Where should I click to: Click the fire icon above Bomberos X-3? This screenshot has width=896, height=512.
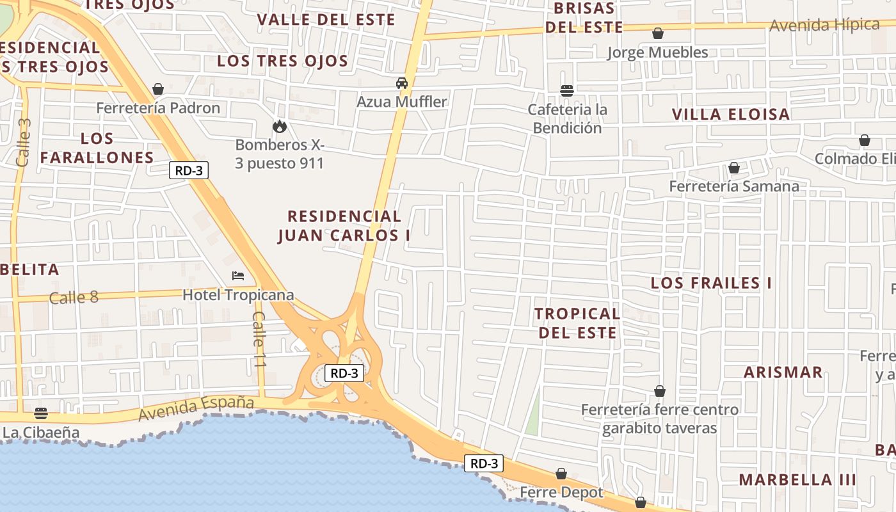pos(279,126)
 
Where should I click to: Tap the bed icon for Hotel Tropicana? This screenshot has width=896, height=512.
pos(238,276)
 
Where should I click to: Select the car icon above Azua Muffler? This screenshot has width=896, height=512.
pos(402,83)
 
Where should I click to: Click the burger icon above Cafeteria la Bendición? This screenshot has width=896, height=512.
pos(566,91)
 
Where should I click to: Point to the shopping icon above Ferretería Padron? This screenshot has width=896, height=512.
pos(158,89)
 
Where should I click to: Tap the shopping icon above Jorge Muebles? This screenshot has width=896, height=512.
pos(657,33)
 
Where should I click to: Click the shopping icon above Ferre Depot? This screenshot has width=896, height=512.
pos(561,474)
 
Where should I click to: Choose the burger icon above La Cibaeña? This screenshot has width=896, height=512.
pos(41,413)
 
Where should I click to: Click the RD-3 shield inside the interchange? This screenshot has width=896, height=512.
pos(344,373)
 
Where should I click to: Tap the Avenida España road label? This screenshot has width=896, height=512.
pos(196,409)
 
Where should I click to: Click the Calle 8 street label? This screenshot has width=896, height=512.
pos(74,297)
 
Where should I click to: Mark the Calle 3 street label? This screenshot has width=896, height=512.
pos(24,142)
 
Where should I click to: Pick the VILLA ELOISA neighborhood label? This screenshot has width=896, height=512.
pos(730,115)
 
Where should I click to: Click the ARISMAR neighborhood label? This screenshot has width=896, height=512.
pos(783,372)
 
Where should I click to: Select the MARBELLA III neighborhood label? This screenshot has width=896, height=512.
pos(797,479)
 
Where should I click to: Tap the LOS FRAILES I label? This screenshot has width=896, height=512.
pos(711,283)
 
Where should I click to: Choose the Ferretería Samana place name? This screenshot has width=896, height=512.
pos(733,186)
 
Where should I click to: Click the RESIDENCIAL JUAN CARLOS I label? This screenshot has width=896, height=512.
pos(344,226)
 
